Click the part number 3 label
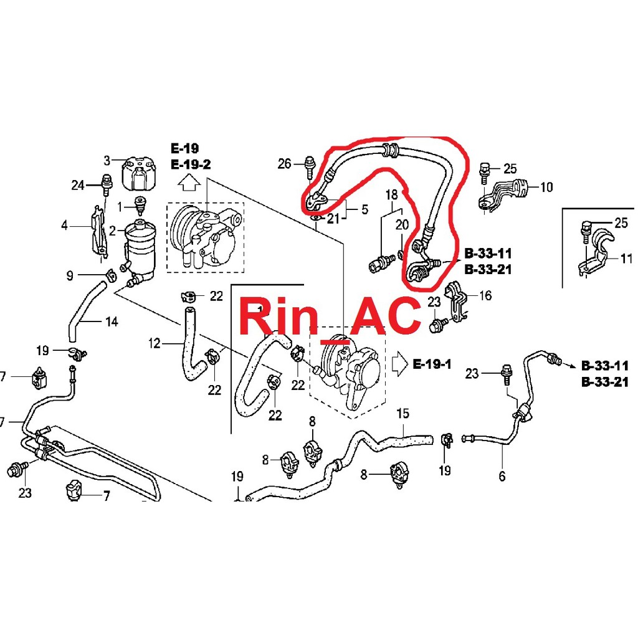[x=107, y=161]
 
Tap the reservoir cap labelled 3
[x=140, y=171]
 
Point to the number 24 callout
[x=78, y=184]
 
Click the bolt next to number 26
[x=309, y=165]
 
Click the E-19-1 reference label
[x=432, y=364]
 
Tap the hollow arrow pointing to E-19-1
[x=400, y=363]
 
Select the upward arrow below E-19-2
[x=189, y=182]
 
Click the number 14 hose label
[x=111, y=322]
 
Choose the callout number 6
[x=502, y=477]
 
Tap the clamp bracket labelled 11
[x=595, y=252]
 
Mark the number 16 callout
[x=485, y=295]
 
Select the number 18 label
[x=391, y=194]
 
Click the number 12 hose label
[x=155, y=343]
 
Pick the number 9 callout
[x=69, y=275]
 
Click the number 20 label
[x=402, y=224]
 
